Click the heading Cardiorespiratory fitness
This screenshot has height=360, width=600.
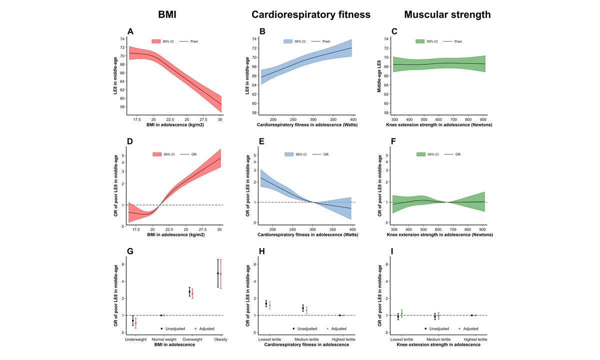coord(311,15)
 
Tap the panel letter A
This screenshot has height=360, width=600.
coord(130,31)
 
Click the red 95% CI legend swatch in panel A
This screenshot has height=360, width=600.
coord(156,41)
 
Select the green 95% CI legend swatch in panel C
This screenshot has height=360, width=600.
coord(420,41)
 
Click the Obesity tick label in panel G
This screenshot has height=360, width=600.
coord(221,339)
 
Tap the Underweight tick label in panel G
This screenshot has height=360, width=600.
coord(135,339)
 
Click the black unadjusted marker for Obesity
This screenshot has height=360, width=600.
coord(217,273)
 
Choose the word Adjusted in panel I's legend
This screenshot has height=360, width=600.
coord(470,328)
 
